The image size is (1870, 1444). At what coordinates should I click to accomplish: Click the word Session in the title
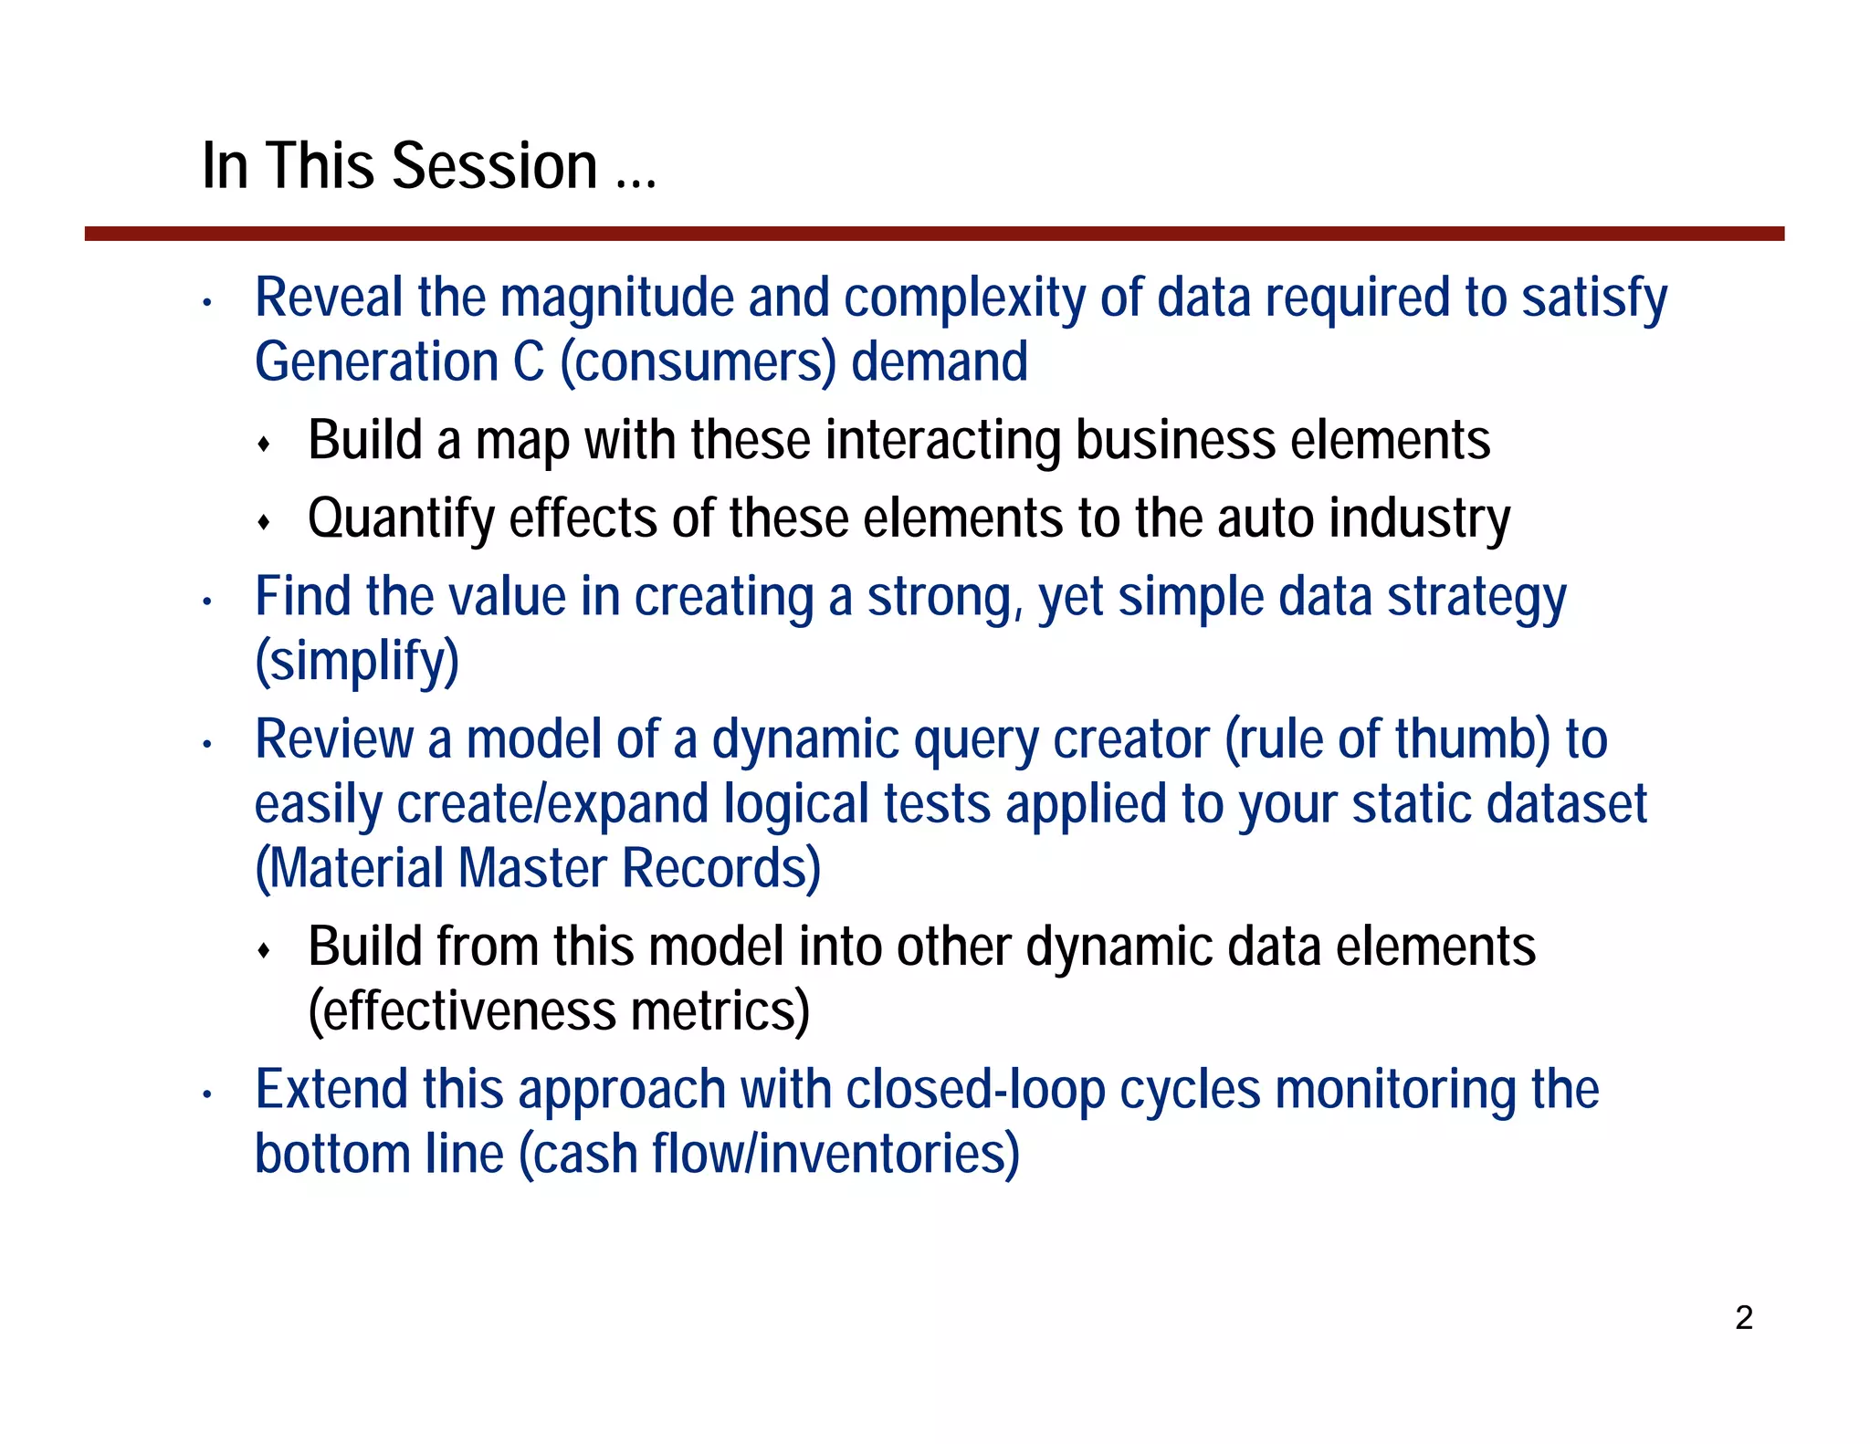[494, 167]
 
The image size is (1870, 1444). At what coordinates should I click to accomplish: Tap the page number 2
[1743, 1318]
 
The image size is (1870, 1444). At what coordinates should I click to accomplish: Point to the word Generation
[376, 362]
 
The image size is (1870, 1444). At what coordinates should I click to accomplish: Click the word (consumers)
[698, 362]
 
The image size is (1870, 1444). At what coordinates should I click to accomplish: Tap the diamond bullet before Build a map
[264, 445]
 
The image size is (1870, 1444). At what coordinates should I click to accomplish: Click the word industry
[1419, 519]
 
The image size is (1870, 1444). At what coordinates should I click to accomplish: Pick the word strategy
[1476, 598]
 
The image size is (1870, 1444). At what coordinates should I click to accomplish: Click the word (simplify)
[357, 662]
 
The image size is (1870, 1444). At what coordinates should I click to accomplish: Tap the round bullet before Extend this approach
[208, 1093]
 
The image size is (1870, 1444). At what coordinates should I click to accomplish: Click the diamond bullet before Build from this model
[264, 951]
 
